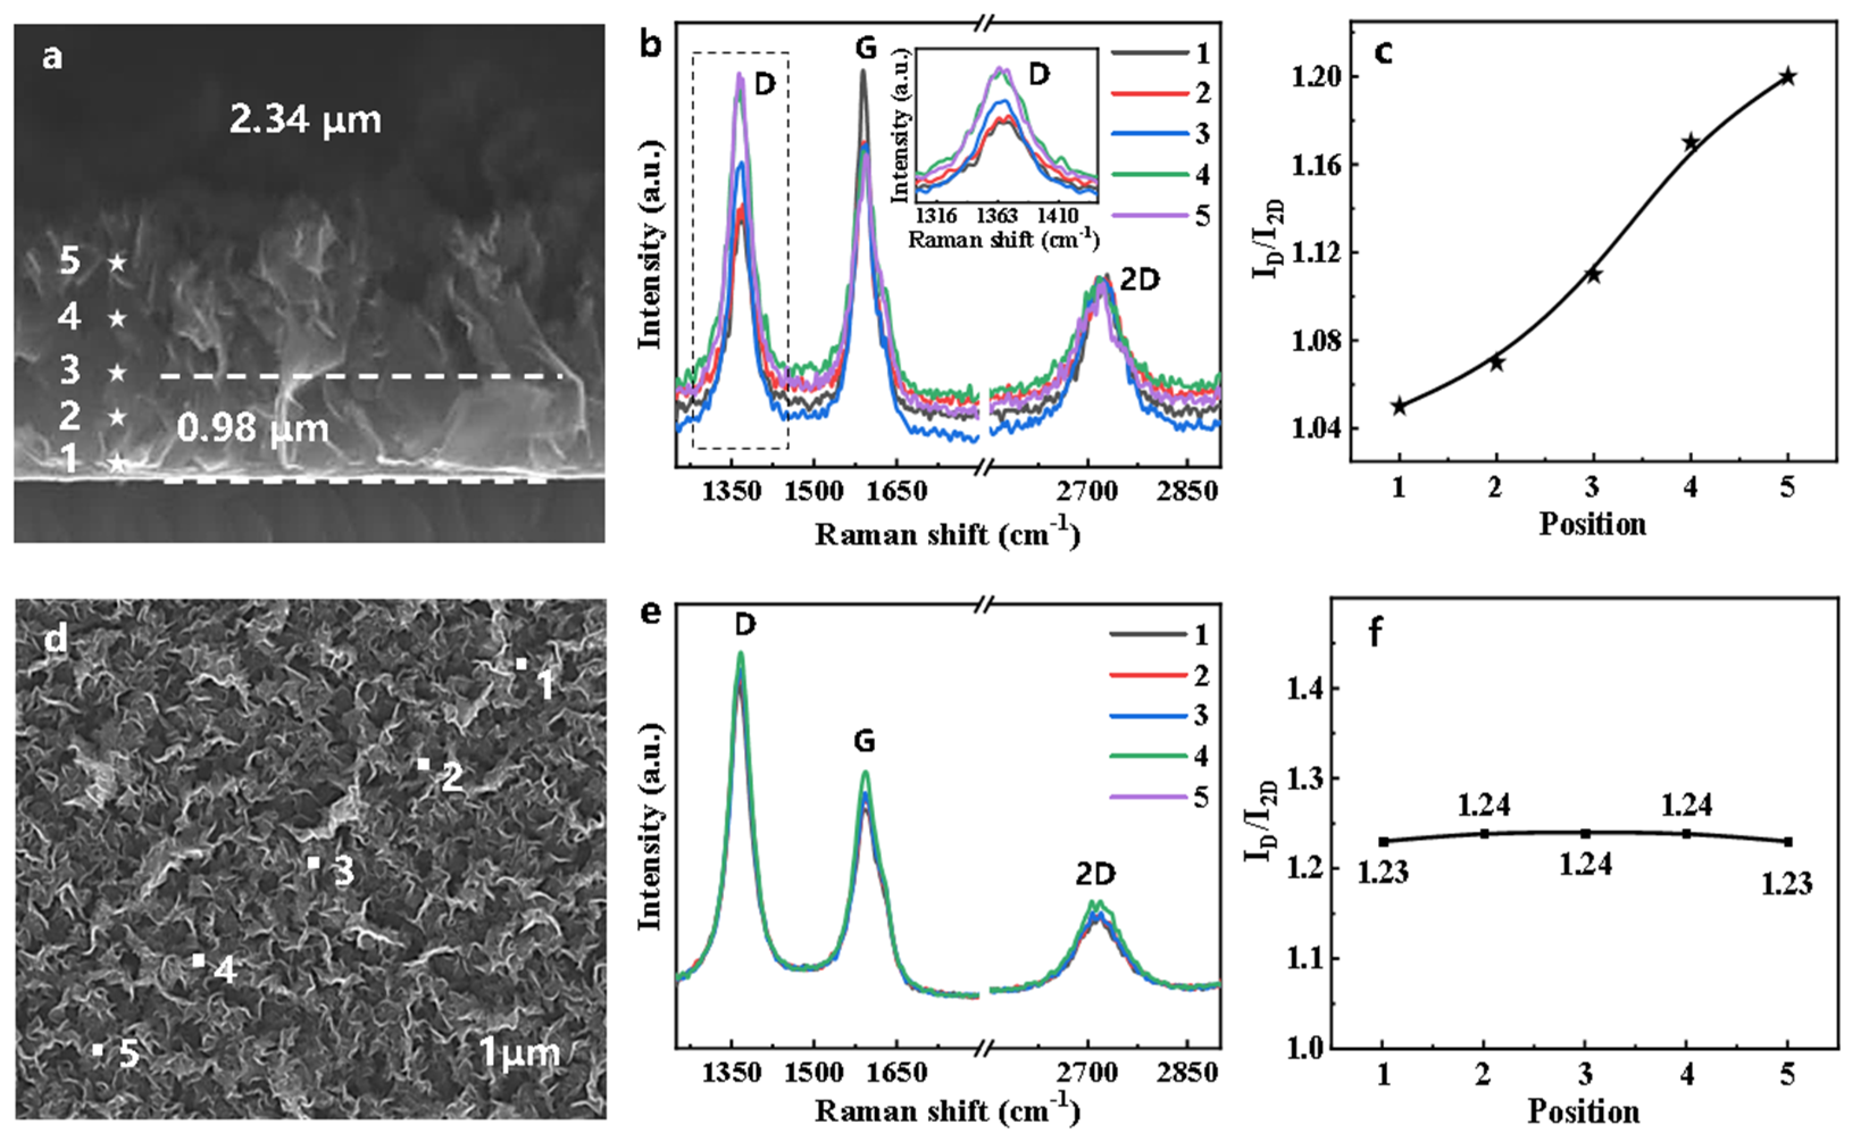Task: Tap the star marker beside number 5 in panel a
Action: click(117, 263)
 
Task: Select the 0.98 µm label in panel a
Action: click(253, 429)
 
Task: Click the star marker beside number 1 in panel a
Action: click(117, 462)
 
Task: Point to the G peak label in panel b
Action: click(866, 48)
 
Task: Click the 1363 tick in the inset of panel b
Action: click(998, 216)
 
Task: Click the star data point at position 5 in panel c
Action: click(1788, 77)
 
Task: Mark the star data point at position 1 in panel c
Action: click(1399, 406)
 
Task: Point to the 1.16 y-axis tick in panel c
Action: click(1313, 164)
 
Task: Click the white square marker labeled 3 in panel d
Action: click(314, 862)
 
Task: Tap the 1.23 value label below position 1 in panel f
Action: click(1383, 873)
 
